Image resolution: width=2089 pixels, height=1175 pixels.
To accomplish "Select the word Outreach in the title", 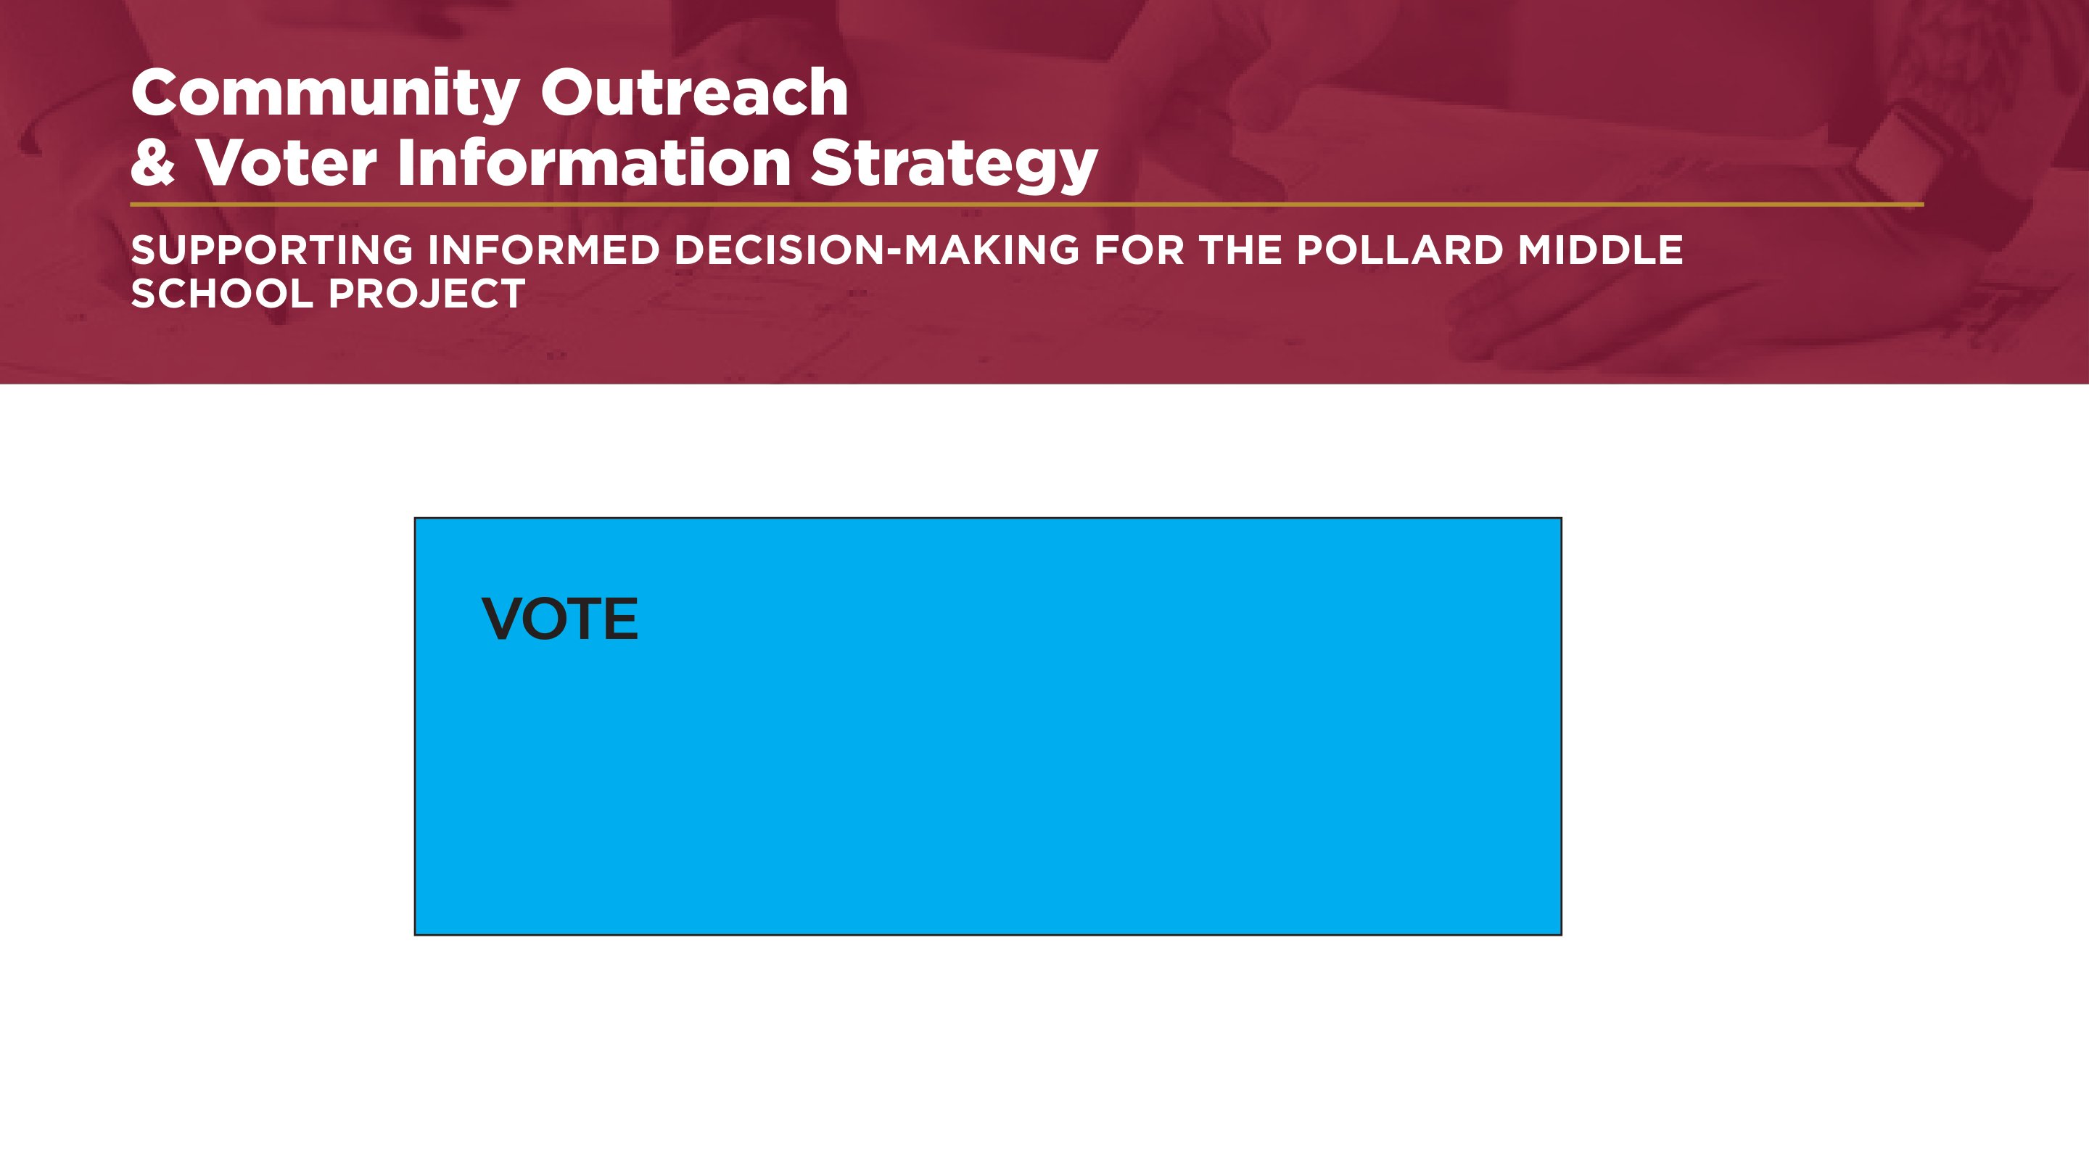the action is [694, 92].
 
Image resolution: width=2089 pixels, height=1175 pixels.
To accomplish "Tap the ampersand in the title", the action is [153, 162].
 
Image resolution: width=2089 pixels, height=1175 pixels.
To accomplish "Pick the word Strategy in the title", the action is [954, 166].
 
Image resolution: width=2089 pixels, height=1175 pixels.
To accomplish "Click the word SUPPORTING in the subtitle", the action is [272, 250].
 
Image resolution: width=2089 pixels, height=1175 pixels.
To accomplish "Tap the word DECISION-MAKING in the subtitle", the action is [877, 250].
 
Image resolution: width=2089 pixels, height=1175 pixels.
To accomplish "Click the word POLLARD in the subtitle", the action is [1400, 250].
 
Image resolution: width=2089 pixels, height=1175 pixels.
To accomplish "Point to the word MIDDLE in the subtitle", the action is [1600, 250].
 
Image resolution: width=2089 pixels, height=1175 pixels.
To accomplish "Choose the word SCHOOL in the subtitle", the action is [221, 294].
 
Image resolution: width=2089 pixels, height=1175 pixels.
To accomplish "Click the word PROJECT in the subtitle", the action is [427, 294].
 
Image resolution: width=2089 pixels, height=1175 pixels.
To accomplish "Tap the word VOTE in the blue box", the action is [559, 619].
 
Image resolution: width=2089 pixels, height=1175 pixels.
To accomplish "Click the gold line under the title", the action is [1026, 205].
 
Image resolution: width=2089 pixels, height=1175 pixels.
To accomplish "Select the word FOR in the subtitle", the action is [1140, 250].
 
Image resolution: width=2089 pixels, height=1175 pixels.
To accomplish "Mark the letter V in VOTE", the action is [502, 619].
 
